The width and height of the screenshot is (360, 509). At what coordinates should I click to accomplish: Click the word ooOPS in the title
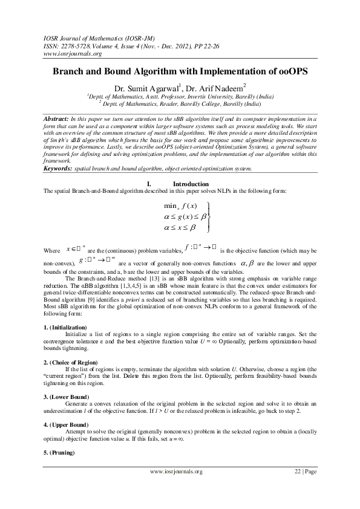click(290, 71)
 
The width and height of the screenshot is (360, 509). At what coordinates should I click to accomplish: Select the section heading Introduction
click(191, 184)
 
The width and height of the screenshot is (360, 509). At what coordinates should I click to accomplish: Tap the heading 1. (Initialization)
click(67, 327)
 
